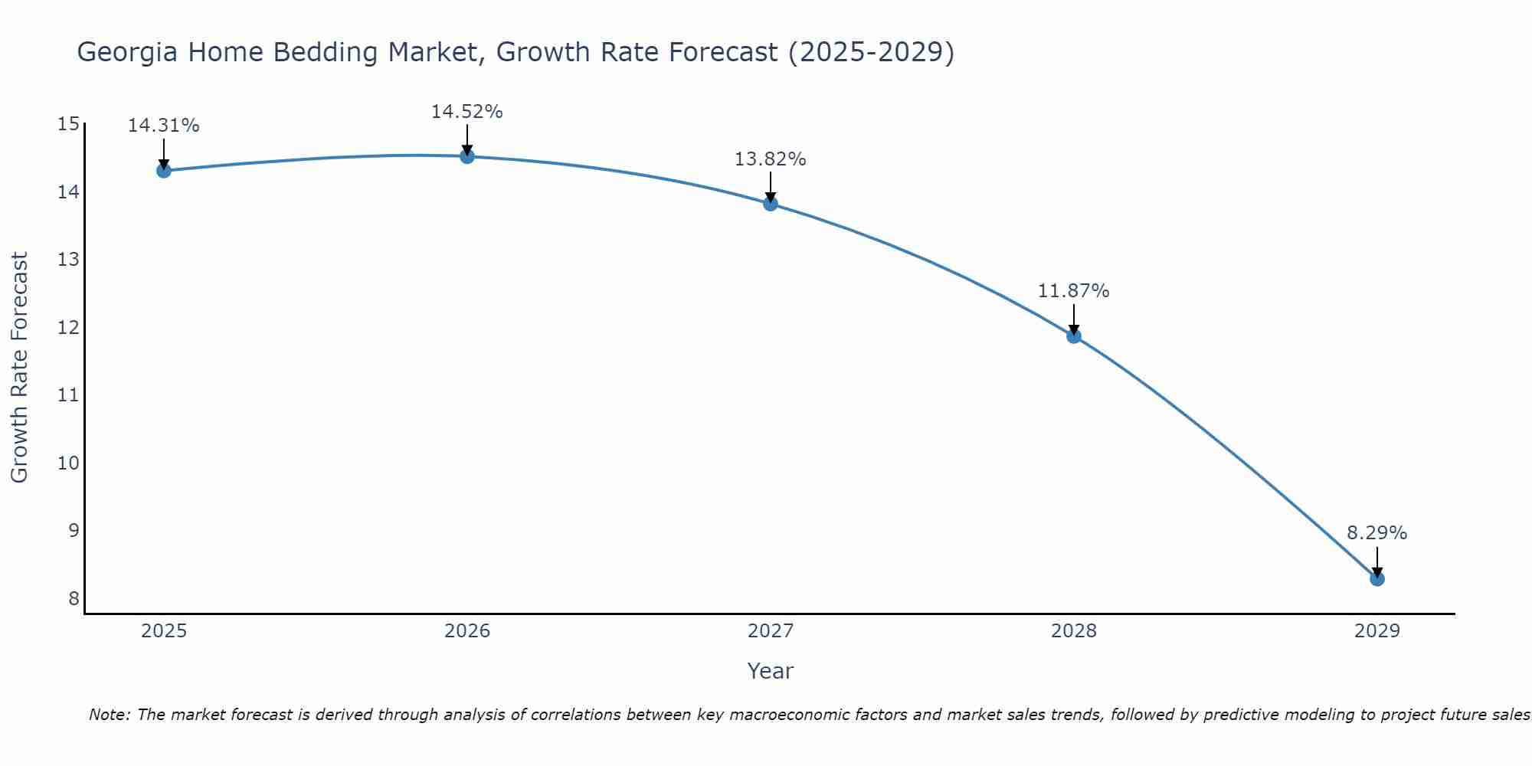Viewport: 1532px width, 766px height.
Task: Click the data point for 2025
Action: [163, 170]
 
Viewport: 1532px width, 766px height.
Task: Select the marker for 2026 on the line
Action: [466, 156]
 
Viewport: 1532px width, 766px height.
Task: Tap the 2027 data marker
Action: [770, 203]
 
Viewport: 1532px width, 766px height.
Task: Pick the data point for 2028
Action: [1073, 336]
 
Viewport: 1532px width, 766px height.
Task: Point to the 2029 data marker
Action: [1377, 578]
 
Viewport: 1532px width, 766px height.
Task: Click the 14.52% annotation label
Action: [466, 112]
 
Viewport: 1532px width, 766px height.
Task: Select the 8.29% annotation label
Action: [1377, 533]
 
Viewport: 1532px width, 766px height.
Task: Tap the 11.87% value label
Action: [1073, 291]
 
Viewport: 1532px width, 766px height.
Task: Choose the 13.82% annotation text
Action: [770, 159]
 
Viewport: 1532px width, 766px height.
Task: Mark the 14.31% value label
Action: [163, 126]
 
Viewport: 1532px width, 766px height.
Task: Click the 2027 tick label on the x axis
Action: [770, 631]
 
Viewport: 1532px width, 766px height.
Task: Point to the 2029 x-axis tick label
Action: [1377, 631]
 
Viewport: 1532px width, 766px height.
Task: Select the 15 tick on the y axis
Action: [68, 124]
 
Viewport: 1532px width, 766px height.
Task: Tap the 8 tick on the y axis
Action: [74, 598]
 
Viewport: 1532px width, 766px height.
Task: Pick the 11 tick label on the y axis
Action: [68, 395]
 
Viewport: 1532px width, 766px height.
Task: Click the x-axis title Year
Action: [770, 671]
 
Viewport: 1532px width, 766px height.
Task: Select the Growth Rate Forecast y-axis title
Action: [19, 368]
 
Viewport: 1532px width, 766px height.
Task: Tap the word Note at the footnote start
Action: [108, 715]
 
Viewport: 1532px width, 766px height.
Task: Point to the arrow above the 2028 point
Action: [1073, 319]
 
